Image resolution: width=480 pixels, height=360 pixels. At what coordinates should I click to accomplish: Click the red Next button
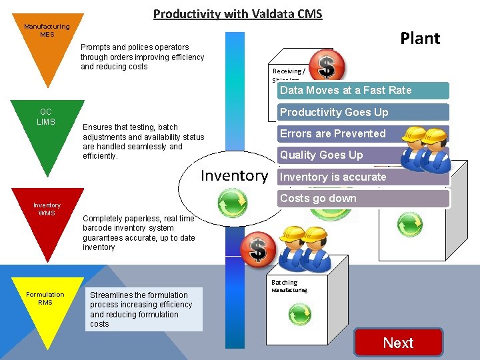pyautogui.click(x=399, y=343)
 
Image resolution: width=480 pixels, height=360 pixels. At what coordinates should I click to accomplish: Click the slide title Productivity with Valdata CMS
pyautogui.click(x=238, y=14)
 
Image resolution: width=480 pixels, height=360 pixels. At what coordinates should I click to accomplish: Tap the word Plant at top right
pyautogui.click(x=420, y=38)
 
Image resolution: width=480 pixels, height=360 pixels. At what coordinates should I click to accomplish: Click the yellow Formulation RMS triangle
pyautogui.click(x=45, y=303)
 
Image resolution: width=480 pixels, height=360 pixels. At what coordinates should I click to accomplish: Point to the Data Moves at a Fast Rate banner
pyautogui.click(x=363, y=91)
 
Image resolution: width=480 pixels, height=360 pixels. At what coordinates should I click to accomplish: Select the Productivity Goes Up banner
pyautogui.click(x=363, y=112)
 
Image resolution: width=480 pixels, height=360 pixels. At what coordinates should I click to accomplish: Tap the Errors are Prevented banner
pyautogui.click(x=363, y=133)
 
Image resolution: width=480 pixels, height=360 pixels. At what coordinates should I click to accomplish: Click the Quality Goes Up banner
pyautogui.click(x=363, y=155)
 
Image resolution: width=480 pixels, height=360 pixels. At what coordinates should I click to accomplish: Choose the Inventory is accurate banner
pyautogui.click(x=363, y=177)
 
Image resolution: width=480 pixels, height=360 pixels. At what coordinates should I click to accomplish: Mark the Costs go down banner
pyautogui.click(x=363, y=198)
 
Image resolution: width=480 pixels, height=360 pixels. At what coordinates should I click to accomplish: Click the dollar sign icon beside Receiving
pyautogui.click(x=326, y=66)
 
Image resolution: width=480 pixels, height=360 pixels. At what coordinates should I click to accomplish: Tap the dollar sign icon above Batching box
pyautogui.click(x=258, y=249)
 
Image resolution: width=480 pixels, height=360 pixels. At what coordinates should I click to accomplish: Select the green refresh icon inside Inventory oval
pyautogui.click(x=233, y=200)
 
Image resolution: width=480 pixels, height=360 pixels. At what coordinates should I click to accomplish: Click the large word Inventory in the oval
pyautogui.click(x=234, y=176)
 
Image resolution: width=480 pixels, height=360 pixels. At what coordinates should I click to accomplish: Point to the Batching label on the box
pyautogui.click(x=285, y=283)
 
